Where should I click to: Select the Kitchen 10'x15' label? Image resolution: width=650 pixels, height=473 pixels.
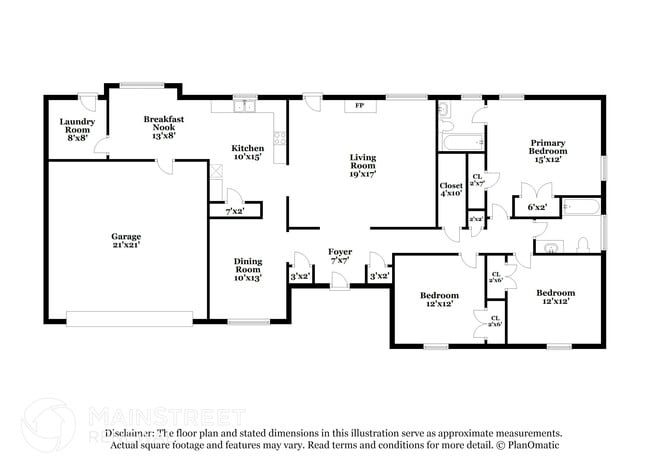point(247,152)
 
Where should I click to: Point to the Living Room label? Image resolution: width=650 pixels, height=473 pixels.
point(362,164)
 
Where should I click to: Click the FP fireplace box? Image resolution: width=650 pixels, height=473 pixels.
point(359,105)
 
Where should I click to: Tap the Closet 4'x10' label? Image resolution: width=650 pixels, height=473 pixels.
point(451,189)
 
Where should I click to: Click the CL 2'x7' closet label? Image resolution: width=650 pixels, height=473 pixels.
point(477,179)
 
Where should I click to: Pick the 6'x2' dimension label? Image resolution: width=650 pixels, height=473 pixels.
point(536,207)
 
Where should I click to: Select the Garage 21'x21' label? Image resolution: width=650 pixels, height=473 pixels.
point(125,241)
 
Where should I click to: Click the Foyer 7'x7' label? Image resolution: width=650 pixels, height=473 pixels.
point(341,256)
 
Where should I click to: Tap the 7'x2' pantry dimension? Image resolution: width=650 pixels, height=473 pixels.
point(234,211)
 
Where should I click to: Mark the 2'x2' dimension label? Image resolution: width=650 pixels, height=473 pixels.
point(476,219)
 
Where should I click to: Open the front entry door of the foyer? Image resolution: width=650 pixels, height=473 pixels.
point(340,285)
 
